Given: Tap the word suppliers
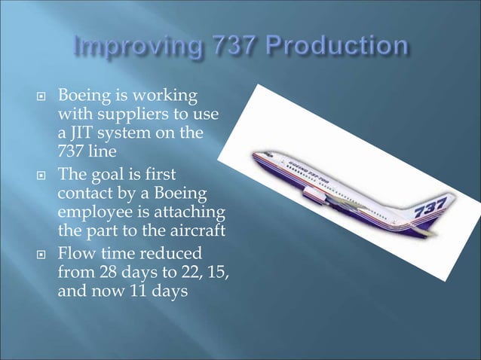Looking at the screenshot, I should (x=123, y=115).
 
